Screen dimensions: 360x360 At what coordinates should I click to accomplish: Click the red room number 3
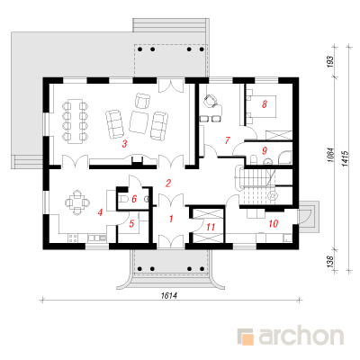coord(124,144)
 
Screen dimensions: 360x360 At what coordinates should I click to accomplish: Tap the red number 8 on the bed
coord(265,104)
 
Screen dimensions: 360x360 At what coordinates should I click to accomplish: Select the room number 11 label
coord(211,227)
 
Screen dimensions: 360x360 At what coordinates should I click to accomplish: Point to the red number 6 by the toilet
coord(134,199)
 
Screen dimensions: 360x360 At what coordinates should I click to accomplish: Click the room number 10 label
coord(274,223)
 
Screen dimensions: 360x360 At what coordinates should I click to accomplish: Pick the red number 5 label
coord(131,223)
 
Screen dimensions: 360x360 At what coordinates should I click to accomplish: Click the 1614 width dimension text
coord(169,295)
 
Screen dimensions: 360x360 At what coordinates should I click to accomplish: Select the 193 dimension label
coord(330,62)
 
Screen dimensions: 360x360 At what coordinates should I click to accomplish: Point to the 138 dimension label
coord(330,262)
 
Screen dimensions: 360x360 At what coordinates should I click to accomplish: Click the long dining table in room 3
coord(75,121)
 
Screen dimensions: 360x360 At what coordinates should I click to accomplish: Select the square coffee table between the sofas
coord(139,122)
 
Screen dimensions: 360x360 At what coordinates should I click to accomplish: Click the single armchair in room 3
coord(142,101)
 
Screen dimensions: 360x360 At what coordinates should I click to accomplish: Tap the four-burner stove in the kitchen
coord(72,238)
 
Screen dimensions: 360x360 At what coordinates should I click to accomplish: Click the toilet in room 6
coord(124,198)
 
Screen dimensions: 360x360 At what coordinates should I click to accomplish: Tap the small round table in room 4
coord(77,202)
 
